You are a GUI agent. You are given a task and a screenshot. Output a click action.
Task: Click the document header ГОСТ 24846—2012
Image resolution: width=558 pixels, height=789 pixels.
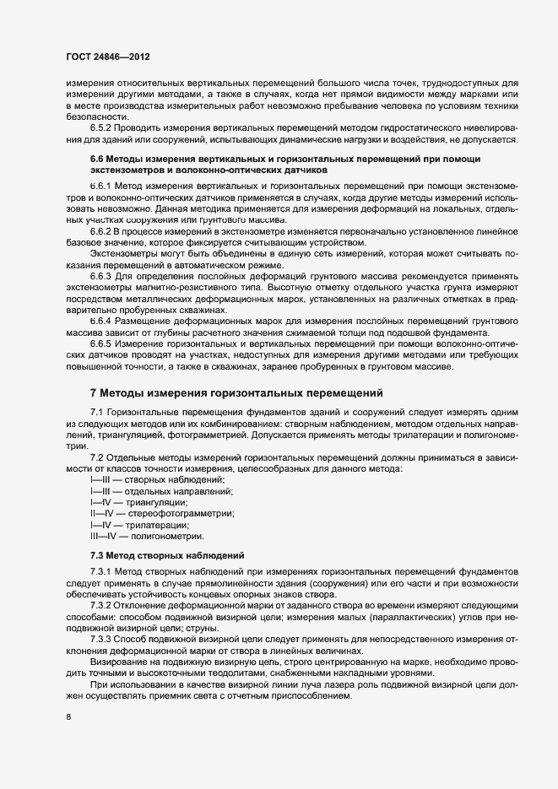tap(103, 57)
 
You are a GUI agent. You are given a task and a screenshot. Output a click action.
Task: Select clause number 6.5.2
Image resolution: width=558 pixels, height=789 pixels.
tap(103, 127)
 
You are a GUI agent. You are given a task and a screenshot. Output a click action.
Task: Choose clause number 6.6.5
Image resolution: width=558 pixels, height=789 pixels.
tap(103, 344)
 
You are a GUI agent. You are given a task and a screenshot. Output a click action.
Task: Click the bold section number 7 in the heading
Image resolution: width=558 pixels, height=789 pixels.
tap(95, 392)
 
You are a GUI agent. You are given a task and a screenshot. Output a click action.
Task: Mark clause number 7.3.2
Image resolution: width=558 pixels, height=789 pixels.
tap(103, 607)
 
